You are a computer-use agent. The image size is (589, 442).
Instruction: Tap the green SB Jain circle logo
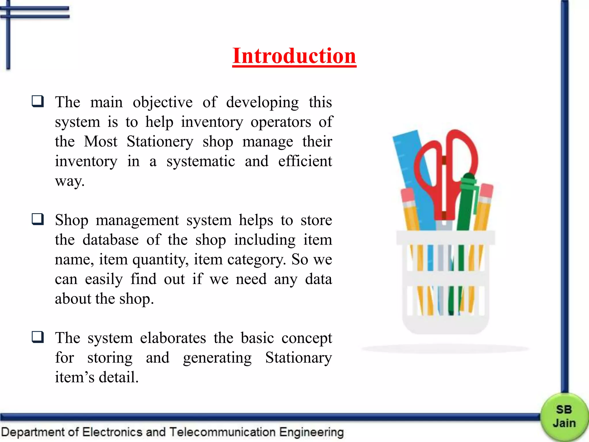(x=564, y=417)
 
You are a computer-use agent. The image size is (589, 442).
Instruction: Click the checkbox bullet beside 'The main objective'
(x=38, y=102)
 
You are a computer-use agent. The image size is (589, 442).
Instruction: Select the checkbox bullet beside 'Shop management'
(x=38, y=219)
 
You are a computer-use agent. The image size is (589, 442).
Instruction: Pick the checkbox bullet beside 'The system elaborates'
(x=38, y=337)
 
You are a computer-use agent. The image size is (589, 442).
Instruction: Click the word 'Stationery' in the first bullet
(x=160, y=142)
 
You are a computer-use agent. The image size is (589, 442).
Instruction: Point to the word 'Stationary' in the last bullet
(x=298, y=358)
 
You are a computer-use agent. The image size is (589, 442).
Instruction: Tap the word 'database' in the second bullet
(x=110, y=240)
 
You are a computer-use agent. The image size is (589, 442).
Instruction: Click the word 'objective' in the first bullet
(x=162, y=102)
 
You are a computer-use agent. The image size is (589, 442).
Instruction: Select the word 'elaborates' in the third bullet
(x=173, y=338)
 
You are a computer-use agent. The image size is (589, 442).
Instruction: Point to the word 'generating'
(x=217, y=358)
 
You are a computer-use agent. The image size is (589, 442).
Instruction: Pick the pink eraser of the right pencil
(x=486, y=190)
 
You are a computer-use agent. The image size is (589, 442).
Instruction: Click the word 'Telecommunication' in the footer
(x=222, y=432)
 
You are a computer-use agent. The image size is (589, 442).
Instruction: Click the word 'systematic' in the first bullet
(x=200, y=161)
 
